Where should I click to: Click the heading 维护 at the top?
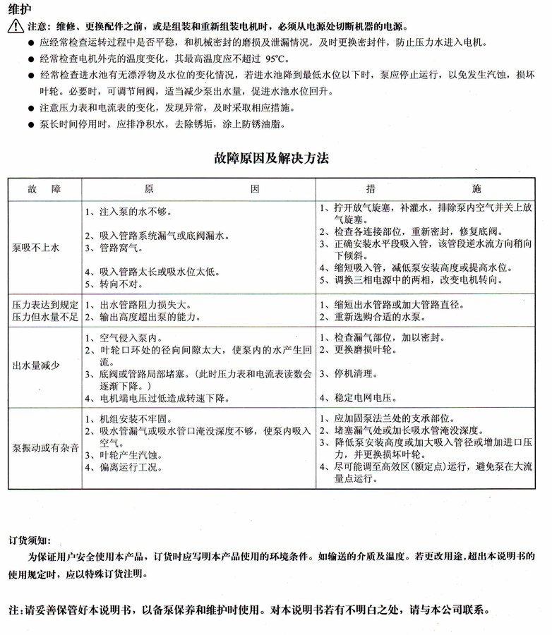click(x=20, y=10)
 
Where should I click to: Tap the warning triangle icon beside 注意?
click(x=16, y=28)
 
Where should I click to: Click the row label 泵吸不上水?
click(x=36, y=248)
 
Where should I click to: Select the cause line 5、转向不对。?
click(x=114, y=284)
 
